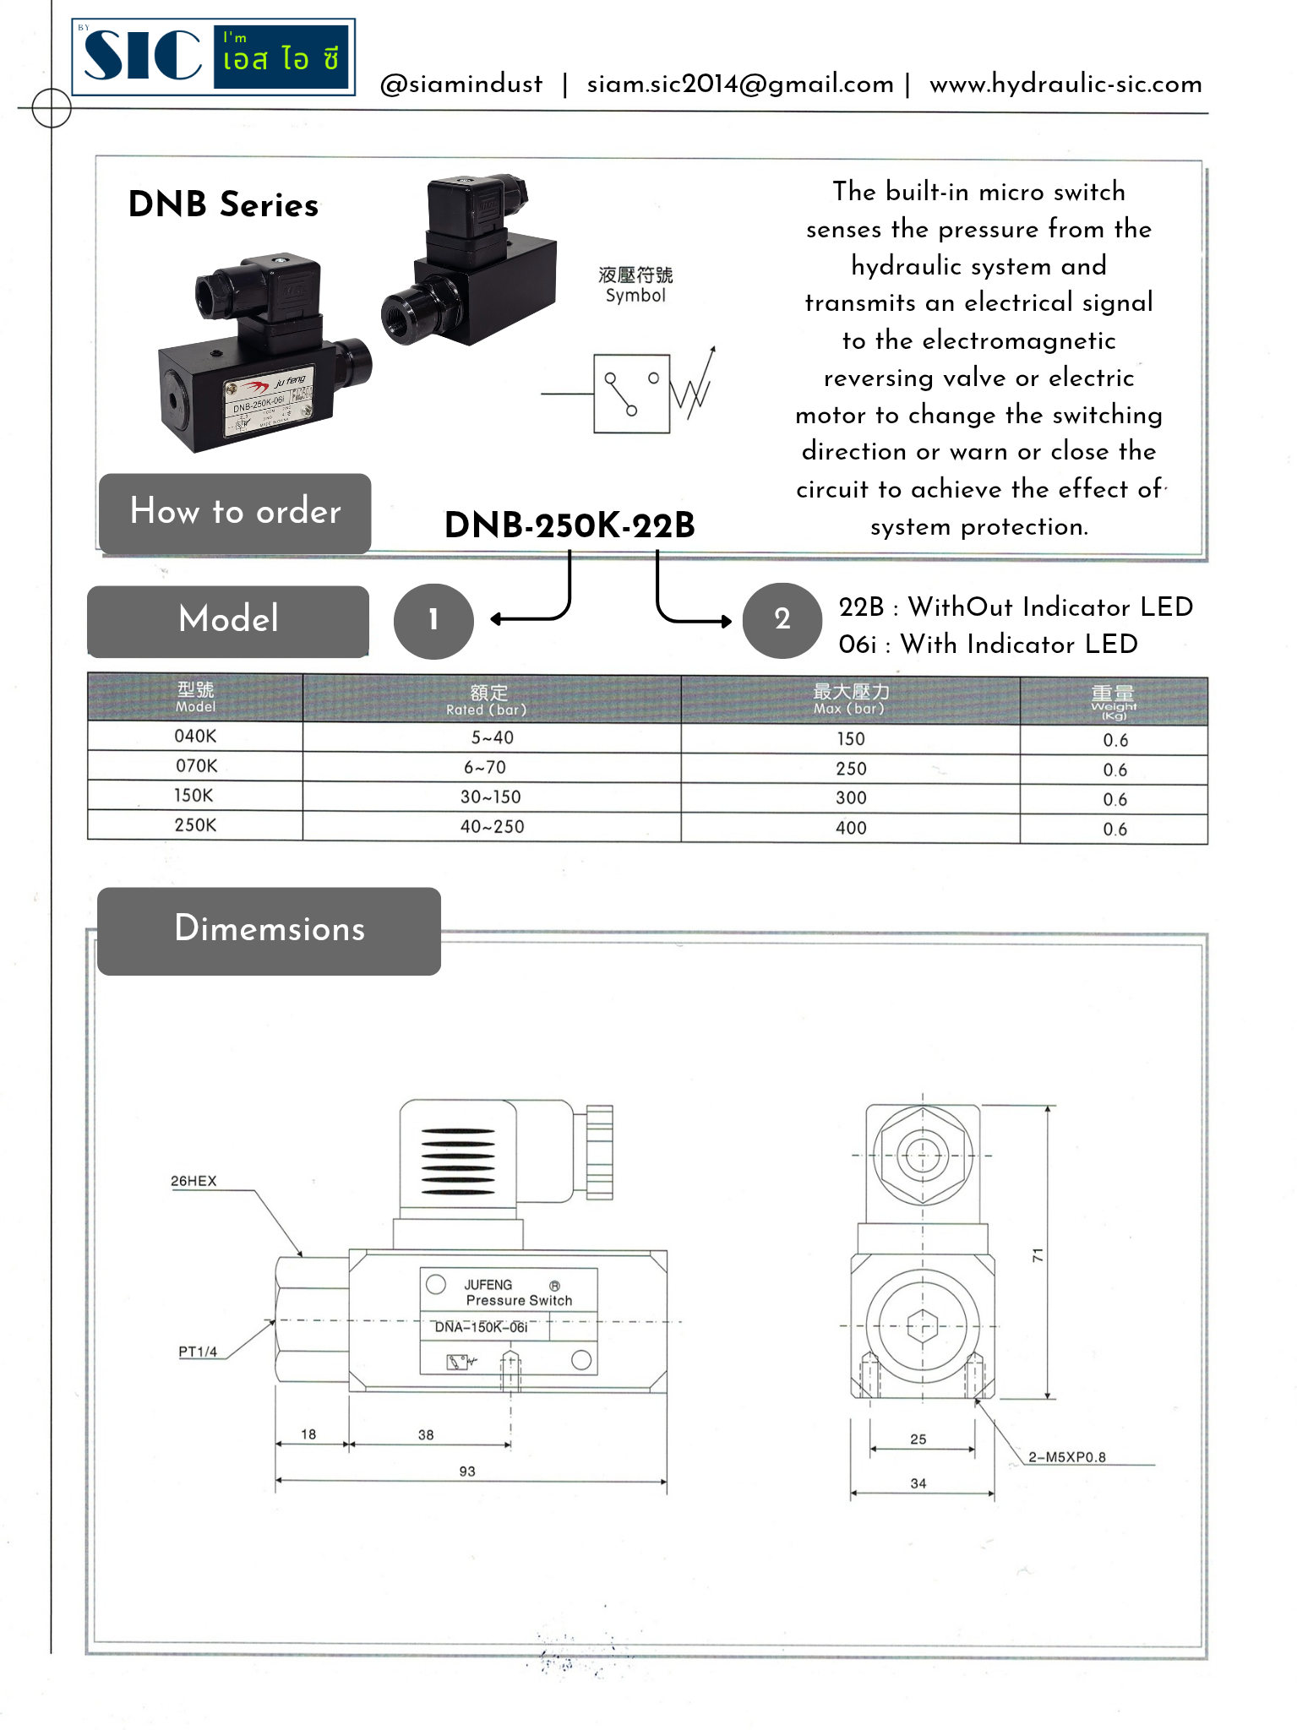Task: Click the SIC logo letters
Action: click(x=142, y=56)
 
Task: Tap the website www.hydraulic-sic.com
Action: click(x=1065, y=84)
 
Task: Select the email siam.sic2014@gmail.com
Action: click(x=740, y=84)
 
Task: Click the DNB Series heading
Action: click(x=223, y=204)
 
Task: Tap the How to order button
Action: click(x=235, y=512)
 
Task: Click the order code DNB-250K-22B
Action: click(x=569, y=525)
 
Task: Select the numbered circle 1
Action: click(x=433, y=620)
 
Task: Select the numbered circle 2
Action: click(x=782, y=620)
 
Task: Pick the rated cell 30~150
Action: click(x=491, y=797)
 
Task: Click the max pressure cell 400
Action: click(x=851, y=828)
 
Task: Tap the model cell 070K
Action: click(x=196, y=765)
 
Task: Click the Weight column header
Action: click(x=1114, y=701)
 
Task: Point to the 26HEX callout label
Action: click(x=193, y=1181)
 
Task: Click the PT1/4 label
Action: click(x=198, y=1352)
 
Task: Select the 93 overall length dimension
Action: click(x=467, y=1471)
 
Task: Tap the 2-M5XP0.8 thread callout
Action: click(x=1066, y=1456)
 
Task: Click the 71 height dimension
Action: click(x=1038, y=1255)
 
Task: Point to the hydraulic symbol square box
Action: click(x=631, y=394)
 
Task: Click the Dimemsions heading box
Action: click(x=269, y=930)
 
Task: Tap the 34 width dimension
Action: click(x=918, y=1483)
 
